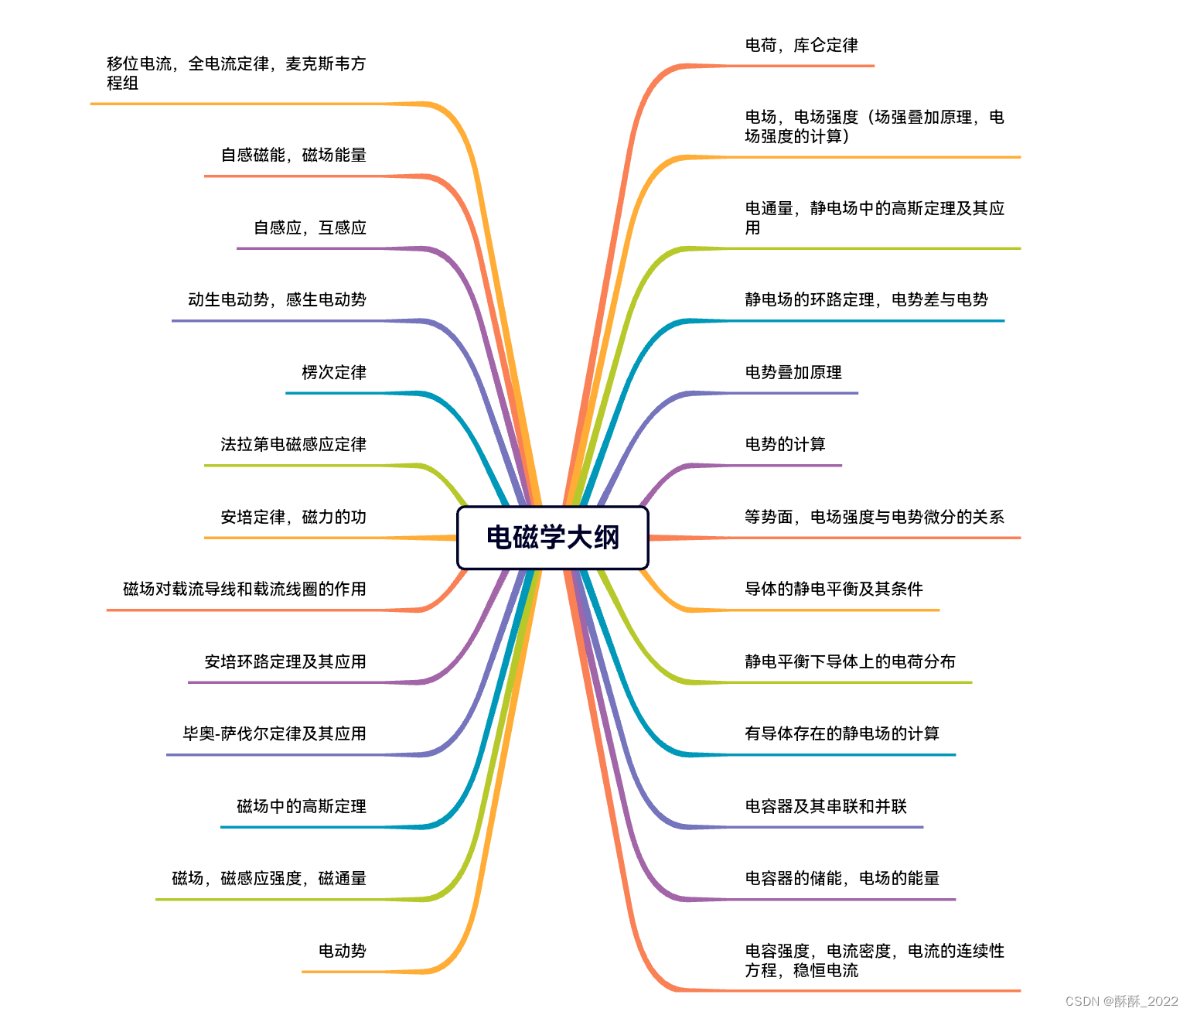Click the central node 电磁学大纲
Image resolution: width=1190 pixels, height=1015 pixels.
(552, 538)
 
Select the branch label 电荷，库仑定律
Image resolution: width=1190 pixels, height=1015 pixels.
(801, 46)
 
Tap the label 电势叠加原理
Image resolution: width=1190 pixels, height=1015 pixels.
(793, 372)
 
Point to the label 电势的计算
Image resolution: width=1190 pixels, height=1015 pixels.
(785, 444)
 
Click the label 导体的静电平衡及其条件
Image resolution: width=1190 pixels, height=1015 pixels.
(834, 589)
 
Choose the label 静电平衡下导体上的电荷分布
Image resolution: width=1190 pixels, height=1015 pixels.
(850, 661)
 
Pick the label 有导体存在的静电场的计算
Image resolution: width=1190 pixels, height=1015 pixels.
(842, 733)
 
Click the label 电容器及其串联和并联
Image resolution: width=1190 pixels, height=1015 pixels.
(826, 806)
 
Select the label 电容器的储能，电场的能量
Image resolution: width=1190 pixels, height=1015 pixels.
(842, 878)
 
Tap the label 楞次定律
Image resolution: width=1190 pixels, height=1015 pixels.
(334, 372)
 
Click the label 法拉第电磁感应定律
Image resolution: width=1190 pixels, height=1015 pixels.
(293, 444)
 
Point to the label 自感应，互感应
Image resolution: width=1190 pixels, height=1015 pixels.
(310, 227)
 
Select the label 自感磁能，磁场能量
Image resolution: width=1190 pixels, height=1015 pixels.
(294, 155)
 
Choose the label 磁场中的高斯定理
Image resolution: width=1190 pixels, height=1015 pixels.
(302, 806)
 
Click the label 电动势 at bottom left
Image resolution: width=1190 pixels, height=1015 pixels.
(343, 951)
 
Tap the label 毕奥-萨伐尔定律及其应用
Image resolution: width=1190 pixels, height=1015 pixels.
(274, 733)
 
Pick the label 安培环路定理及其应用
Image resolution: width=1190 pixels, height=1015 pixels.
(285, 661)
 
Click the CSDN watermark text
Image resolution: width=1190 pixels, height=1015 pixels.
(1121, 1001)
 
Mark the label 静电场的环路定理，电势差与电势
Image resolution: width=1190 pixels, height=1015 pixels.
(866, 299)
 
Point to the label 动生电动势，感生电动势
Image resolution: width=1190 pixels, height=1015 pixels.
(277, 299)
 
